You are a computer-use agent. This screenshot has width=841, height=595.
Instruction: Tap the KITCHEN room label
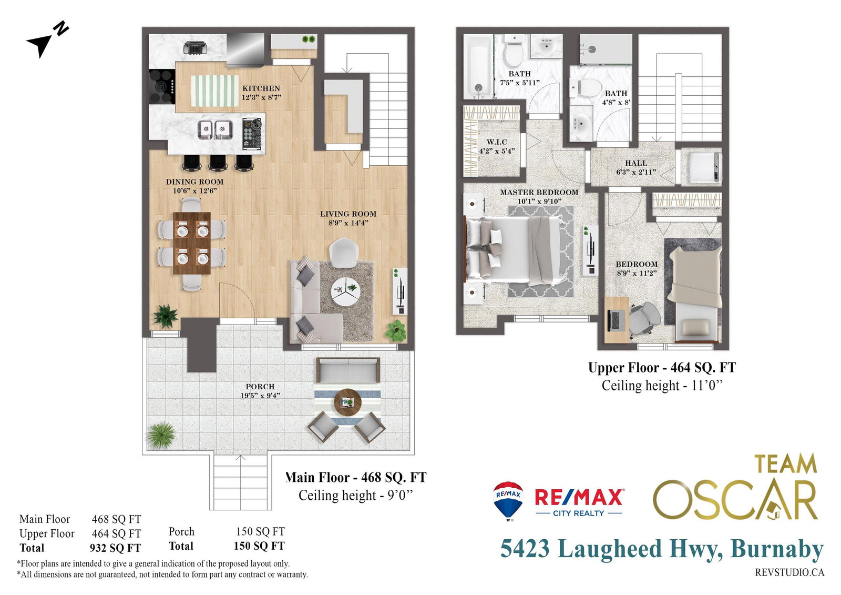tap(261, 88)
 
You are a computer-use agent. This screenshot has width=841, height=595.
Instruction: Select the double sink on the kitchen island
tap(216, 129)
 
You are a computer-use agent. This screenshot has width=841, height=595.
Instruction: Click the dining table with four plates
tap(192, 243)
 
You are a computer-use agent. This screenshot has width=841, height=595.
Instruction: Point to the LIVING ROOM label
tap(348, 214)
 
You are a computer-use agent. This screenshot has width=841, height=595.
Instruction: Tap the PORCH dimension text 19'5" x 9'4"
tap(260, 396)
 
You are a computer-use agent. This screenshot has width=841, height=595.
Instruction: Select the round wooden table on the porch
tap(347, 402)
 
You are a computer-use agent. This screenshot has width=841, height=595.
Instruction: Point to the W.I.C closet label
tap(497, 142)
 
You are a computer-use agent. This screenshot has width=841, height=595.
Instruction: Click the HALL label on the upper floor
tap(636, 163)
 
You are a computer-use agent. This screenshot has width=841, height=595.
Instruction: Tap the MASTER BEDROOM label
tap(539, 193)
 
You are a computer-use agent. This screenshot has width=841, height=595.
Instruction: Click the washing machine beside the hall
tap(702, 166)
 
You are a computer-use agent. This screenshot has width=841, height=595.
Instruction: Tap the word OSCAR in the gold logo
tap(735, 500)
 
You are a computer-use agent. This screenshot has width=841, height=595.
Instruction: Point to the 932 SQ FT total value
tap(115, 548)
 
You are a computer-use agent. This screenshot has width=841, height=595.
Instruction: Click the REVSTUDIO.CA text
tap(789, 572)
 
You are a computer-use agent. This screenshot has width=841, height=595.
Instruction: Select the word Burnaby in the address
tap(777, 550)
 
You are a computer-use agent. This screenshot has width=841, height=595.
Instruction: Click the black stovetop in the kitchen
tap(162, 87)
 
